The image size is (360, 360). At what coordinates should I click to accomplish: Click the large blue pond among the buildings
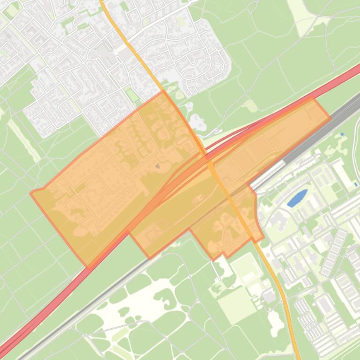[297, 198]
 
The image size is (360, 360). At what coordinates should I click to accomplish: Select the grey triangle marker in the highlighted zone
[157, 166]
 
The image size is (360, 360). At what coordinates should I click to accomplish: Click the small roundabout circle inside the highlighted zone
[312, 123]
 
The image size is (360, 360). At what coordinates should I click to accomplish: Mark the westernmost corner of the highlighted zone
[31, 193]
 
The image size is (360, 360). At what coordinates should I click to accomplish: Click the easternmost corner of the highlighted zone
[330, 117]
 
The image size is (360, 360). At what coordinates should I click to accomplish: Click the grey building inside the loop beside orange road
[269, 296]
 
